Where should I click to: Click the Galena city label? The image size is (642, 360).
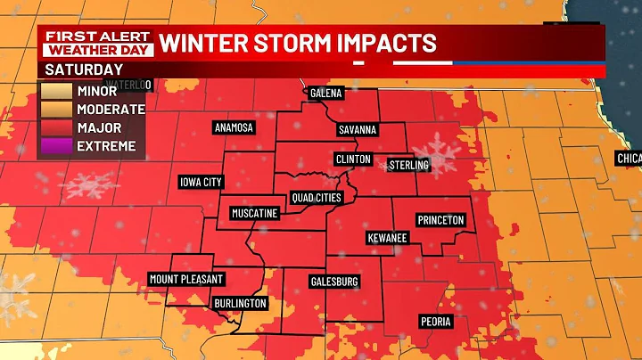coord(327,93)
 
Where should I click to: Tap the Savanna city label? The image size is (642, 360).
coord(358,130)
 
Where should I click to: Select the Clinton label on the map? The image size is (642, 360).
coord(352,158)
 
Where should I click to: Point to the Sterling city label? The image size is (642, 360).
coord(408,165)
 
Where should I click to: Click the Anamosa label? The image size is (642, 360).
coord(234,127)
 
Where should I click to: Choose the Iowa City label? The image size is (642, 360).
coord(201,182)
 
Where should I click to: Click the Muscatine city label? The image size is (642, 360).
coord(254,213)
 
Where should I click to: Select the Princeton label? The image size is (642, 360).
coord(441,220)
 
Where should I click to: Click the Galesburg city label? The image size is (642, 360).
coord(334,282)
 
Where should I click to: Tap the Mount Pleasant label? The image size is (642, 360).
coord(185,279)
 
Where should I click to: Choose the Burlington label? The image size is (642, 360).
coord(240,303)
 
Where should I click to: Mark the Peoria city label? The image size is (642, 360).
coord(437,321)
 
